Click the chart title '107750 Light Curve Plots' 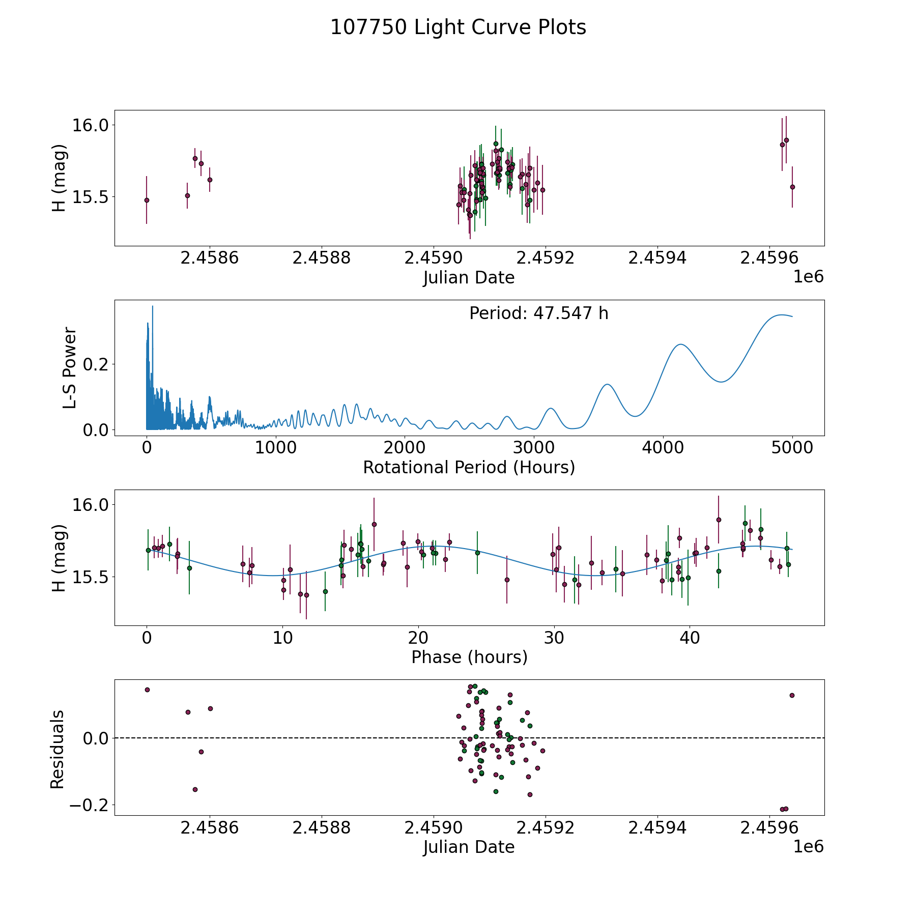coord(458,27)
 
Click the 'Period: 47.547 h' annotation coord(539,313)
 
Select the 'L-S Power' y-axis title coord(70,368)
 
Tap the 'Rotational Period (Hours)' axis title coord(469,467)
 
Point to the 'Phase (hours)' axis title coord(469,657)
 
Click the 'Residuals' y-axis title coord(58,749)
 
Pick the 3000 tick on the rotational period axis coord(534,448)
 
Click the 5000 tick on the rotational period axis coord(792,448)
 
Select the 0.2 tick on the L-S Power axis coord(97,364)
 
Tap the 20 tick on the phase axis coord(418,638)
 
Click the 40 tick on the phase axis coord(690,638)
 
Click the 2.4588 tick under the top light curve coord(322,258)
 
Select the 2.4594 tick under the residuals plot coord(657,828)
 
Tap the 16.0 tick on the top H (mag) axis coord(91,125)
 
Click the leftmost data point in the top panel coord(147,200)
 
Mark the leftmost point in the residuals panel coord(147,690)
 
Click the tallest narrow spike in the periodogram coord(153,306)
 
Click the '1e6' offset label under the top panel coord(809,277)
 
